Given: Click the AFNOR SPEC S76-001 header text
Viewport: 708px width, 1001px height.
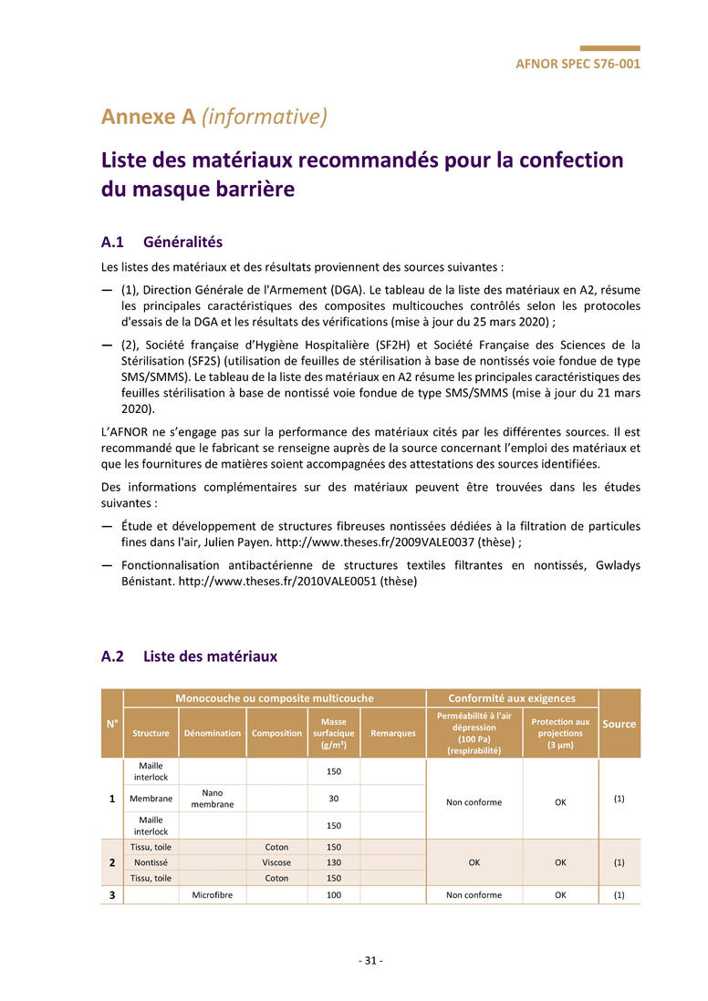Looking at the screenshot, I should [x=578, y=64].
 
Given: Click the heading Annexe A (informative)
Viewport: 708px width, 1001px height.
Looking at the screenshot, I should [x=213, y=117].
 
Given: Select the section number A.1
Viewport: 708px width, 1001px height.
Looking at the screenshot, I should [x=112, y=243].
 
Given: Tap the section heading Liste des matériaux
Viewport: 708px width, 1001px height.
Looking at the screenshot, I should [x=210, y=656].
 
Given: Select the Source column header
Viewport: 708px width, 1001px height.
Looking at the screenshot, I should [x=619, y=724].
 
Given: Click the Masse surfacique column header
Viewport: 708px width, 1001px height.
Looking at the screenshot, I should [x=334, y=733].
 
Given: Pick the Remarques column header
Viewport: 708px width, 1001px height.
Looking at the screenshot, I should [x=393, y=733].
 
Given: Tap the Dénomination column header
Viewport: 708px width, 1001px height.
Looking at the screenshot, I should [x=213, y=733].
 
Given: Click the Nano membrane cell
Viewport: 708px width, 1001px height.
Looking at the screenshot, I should [x=213, y=799].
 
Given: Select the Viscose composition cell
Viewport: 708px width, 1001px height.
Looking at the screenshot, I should [x=276, y=862].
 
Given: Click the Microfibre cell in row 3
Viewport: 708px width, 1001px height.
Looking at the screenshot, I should [x=213, y=895].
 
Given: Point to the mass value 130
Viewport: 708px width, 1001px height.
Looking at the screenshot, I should [x=334, y=862].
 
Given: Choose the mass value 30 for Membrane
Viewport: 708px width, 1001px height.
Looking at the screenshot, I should [x=334, y=799].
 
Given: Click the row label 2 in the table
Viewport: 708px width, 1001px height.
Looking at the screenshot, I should [x=112, y=862].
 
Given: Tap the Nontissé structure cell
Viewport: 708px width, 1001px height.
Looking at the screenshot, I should [x=151, y=862].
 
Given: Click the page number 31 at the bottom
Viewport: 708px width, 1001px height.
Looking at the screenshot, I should [x=370, y=961].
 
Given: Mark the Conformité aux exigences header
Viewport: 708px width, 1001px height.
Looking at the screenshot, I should [x=512, y=698].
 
